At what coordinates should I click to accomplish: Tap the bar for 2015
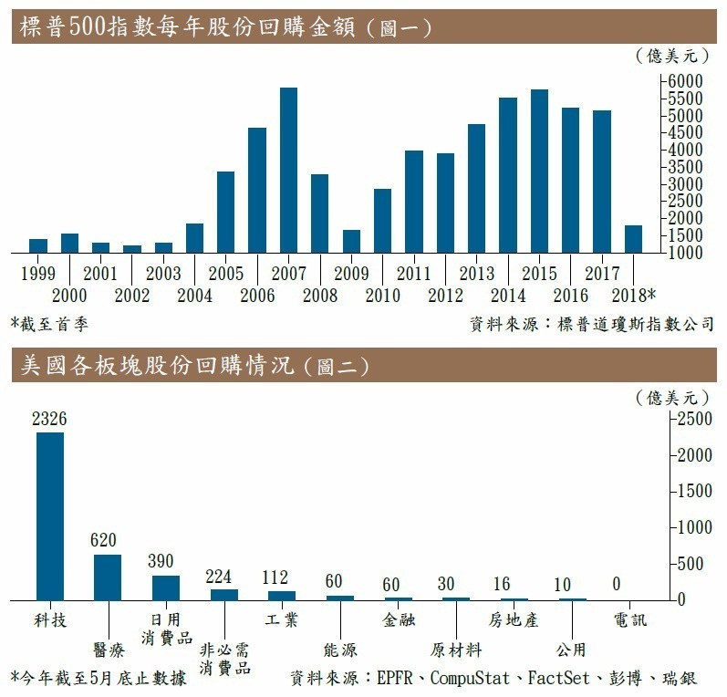(x=539, y=171)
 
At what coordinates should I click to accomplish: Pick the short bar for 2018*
(x=634, y=238)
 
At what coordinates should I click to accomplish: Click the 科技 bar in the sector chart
(x=50, y=515)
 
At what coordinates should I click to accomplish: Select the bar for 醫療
(x=108, y=577)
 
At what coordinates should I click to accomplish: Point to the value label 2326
(x=49, y=419)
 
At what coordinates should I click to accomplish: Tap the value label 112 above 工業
(x=275, y=577)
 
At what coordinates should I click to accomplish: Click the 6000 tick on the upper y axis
(x=685, y=81)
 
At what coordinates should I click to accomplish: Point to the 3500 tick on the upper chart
(x=685, y=167)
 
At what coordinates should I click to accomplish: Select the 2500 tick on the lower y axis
(x=691, y=418)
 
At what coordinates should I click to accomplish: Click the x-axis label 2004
(x=194, y=295)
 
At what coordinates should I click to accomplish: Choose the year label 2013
(x=476, y=273)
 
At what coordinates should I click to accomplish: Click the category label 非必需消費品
(x=224, y=659)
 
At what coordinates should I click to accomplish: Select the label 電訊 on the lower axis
(x=630, y=620)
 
